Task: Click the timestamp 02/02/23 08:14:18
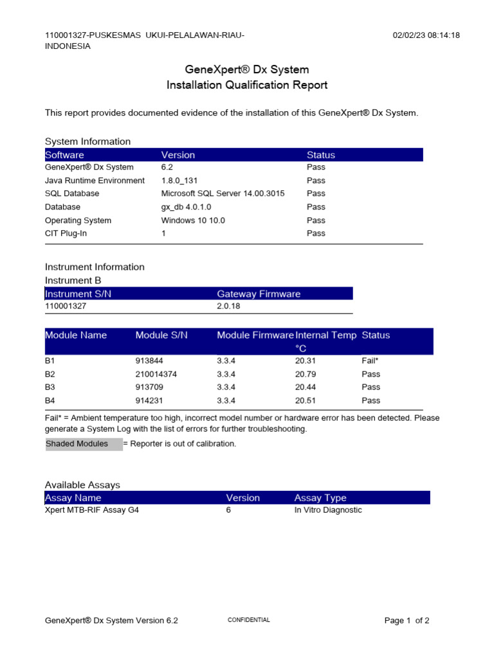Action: (x=426, y=35)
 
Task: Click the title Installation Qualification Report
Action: (x=247, y=85)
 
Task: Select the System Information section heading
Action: (x=87, y=141)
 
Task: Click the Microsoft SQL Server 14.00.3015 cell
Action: (x=223, y=193)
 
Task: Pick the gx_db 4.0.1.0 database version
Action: (x=186, y=207)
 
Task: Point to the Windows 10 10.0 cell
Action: (x=193, y=220)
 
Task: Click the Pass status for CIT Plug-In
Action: (x=316, y=233)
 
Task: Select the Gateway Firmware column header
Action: (x=259, y=294)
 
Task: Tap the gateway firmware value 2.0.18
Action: (x=229, y=307)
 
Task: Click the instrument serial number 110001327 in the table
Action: (x=66, y=307)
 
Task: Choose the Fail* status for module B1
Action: (x=370, y=360)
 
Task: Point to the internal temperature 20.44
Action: (x=306, y=387)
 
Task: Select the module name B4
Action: (x=50, y=400)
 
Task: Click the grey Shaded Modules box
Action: (x=84, y=444)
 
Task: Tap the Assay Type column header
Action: (x=320, y=498)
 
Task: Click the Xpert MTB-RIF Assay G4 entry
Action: (x=92, y=510)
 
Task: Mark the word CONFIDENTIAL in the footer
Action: (x=249, y=620)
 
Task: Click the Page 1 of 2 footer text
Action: (x=407, y=621)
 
